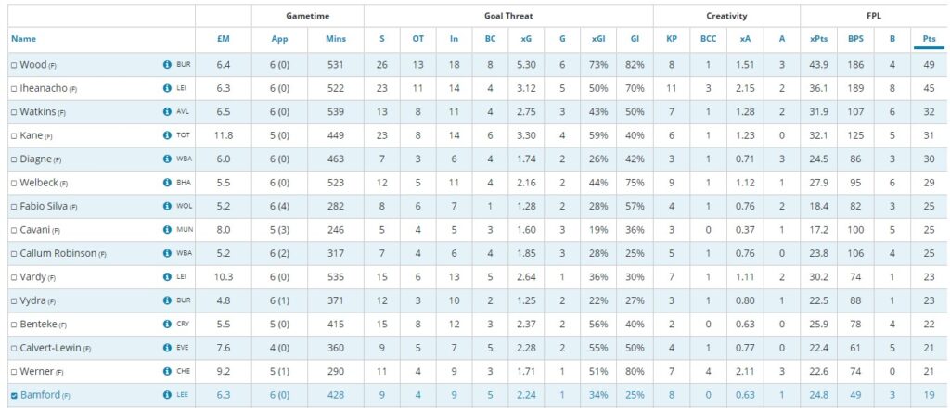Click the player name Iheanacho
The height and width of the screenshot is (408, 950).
pyautogui.click(x=43, y=88)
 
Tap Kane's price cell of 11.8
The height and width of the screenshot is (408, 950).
pyautogui.click(x=224, y=136)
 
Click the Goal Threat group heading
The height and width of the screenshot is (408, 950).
pyautogui.click(x=507, y=16)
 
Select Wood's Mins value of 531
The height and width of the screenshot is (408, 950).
pyautogui.click(x=336, y=65)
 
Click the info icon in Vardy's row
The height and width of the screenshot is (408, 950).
pyautogui.click(x=167, y=276)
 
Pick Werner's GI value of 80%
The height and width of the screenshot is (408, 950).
pyautogui.click(x=635, y=372)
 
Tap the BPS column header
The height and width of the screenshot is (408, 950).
pyautogui.click(x=854, y=39)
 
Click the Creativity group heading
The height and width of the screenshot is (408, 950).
pyautogui.click(x=725, y=16)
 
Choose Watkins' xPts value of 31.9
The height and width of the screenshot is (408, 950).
pyautogui.click(x=818, y=112)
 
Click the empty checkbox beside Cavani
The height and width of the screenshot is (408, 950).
pyautogui.click(x=14, y=229)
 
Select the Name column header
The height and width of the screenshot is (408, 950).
pyautogui.click(x=23, y=39)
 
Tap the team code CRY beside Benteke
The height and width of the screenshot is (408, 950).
pyautogui.click(x=183, y=325)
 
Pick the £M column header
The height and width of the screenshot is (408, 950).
pyautogui.click(x=224, y=39)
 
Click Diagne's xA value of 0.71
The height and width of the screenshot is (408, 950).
pyautogui.click(x=745, y=159)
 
